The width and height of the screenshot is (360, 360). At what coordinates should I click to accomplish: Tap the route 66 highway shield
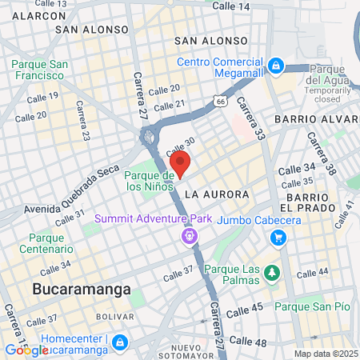pos(219,101)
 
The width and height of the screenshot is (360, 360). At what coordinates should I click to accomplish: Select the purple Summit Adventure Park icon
pos(188,235)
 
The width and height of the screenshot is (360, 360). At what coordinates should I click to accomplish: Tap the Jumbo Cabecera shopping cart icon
pos(278,237)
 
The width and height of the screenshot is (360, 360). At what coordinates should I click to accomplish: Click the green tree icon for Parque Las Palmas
pos(272,273)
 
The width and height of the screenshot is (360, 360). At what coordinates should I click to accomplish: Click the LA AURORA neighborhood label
pos(217,194)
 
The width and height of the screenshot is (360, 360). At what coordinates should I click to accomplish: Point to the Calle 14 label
pos(232,6)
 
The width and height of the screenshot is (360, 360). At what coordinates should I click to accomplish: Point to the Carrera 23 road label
pos(83,123)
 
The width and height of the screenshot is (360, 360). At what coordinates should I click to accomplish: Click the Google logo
pos(26,350)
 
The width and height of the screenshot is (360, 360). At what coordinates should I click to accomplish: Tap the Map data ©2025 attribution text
pos(326,354)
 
